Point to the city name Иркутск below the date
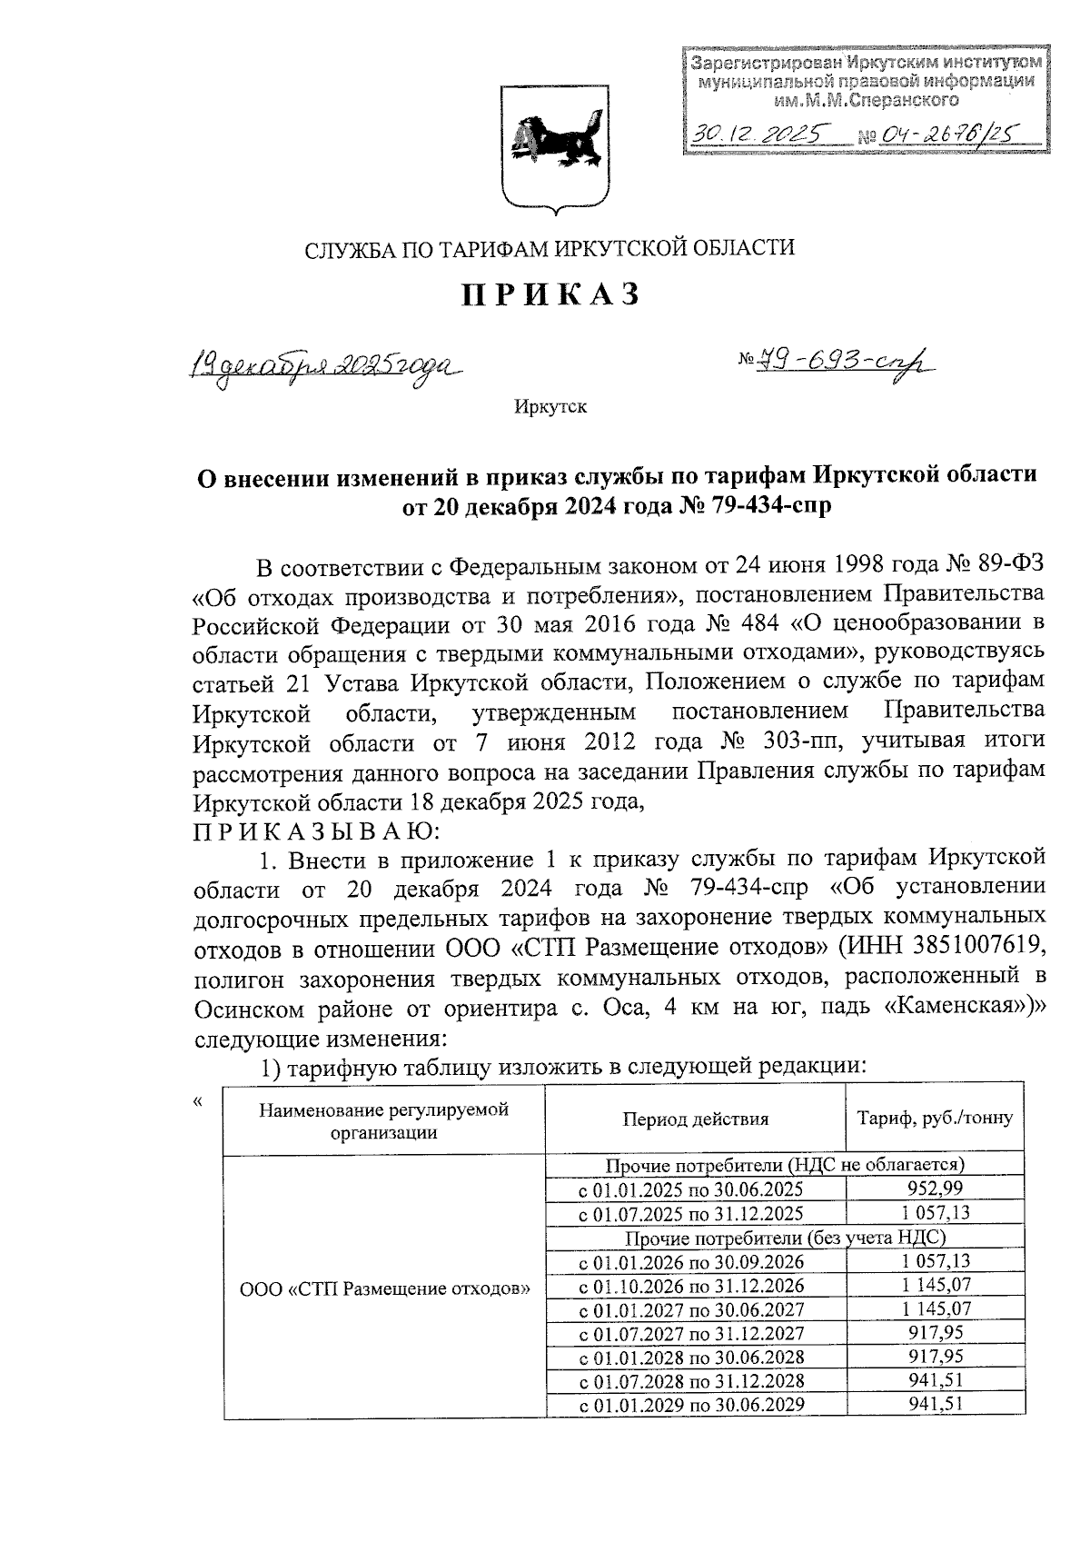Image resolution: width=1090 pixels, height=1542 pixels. (x=550, y=406)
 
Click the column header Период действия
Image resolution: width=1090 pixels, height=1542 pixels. (x=695, y=1119)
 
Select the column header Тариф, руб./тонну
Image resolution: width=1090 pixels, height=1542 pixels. (x=935, y=1119)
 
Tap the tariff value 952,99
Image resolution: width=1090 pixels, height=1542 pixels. (x=935, y=1189)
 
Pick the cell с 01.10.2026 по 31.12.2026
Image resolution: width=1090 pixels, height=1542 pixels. (x=691, y=1285)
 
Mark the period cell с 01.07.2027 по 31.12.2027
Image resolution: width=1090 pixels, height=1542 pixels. (x=691, y=1333)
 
